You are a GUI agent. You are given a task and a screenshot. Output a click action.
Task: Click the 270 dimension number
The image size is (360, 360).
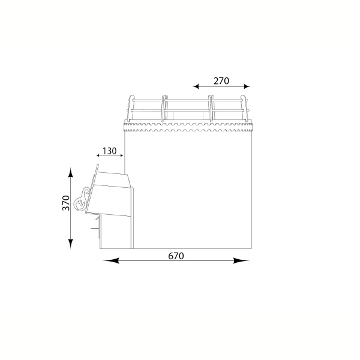pyautogui.click(x=221, y=81)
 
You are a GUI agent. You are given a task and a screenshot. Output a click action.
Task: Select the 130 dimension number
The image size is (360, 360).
pyautogui.click(x=110, y=151)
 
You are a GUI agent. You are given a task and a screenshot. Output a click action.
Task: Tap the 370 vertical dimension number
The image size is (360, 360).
pyautogui.click(x=66, y=203)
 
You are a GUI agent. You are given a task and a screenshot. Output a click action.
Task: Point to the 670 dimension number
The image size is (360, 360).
pyautogui.click(x=176, y=256)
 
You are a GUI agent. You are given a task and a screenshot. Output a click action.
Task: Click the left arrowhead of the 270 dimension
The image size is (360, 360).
pyautogui.click(x=196, y=86)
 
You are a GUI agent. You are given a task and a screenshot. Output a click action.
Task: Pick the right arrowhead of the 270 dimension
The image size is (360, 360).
pyautogui.click(x=247, y=86)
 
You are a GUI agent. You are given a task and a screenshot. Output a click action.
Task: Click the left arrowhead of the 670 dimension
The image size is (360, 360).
pyautogui.click(x=110, y=260)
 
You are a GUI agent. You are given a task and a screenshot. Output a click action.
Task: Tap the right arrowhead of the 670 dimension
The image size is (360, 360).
pyautogui.click(x=241, y=260)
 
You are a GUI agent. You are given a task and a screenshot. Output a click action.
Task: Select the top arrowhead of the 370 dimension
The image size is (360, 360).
pyautogui.click(x=70, y=172)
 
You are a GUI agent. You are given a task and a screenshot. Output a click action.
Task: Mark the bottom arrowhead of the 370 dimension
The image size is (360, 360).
pyautogui.click(x=70, y=244)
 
